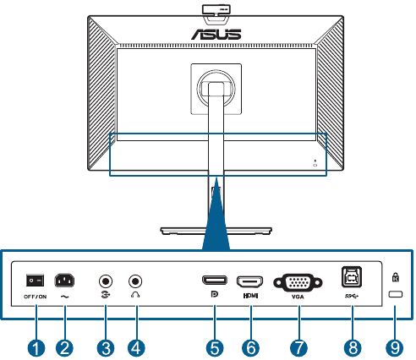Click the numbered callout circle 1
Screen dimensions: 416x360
(x=36, y=348)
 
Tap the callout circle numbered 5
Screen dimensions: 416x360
(x=215, y=348)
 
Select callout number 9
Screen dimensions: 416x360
(x=395, y=348)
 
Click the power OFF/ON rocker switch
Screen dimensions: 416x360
(x=36, y=281)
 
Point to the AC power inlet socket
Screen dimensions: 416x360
(x=64, y=281)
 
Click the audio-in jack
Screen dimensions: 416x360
(x=106, y=281)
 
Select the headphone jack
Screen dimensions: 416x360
(x=135, y=281)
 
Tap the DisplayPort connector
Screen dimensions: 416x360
(x=215, y=280)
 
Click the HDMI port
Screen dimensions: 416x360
(x=250, y=281)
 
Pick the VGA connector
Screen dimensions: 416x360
(x=298, y=282)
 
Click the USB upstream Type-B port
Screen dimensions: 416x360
(x=352, y=277)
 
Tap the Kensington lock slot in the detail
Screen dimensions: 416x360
(x=396, y=294)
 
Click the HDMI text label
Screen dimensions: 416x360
(x=250, y=296)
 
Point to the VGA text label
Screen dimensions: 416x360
(x=298, y=297)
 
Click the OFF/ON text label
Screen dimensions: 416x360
(x=36, y=297)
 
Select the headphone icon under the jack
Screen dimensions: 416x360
(x=135, y=294)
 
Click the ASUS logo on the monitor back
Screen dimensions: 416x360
(x=216, y=34)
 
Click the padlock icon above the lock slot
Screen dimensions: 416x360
(x=396, y=277)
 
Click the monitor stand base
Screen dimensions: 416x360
(x=216, y=231)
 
